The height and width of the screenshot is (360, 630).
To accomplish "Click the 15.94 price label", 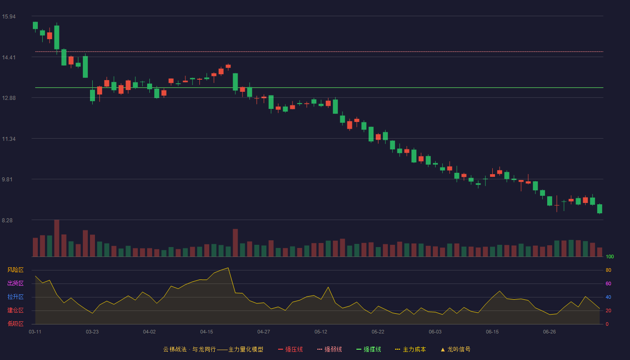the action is coord(9,17).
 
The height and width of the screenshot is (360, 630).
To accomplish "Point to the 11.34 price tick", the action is coord(9,139).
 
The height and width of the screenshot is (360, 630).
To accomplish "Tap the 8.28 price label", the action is coord(7,220).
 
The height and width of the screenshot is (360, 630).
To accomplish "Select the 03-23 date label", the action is coord(92,332).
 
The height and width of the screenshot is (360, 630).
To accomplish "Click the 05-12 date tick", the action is coord(321,332).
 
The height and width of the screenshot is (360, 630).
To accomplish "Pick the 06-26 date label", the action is coord(549,332).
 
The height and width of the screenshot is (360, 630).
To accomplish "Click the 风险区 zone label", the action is coord(15,270).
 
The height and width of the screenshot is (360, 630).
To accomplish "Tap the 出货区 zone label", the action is coord(15,283).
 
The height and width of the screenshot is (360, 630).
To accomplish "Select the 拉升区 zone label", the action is coord(15,297).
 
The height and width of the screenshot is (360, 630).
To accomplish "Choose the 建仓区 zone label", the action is coord(15,310).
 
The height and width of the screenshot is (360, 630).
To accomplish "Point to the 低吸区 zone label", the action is coord(15,324).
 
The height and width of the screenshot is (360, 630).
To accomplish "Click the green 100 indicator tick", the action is coord(610,256).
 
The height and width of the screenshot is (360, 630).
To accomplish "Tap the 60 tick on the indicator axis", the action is coord(608,283).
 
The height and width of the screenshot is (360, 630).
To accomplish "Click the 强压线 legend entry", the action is coord(291,349).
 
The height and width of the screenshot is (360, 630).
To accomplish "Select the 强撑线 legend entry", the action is coord(369,349).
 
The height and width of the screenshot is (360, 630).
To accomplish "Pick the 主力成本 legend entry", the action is coord(410,349).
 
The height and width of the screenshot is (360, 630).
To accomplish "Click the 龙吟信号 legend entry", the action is coord(455,349).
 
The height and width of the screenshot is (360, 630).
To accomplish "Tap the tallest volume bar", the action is coord(57,238).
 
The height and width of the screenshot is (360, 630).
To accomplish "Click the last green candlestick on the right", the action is coord(599,209).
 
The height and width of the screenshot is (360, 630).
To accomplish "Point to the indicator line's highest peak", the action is coord(228,268).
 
